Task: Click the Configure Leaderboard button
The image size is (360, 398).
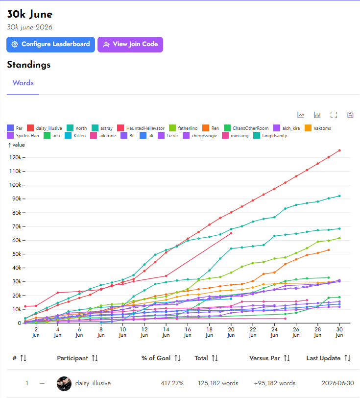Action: pos(51,45)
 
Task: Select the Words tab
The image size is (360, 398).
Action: pos(23,83)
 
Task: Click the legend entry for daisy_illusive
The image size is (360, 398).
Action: pos(45,128)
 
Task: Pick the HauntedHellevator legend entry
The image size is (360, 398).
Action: pos(141,128)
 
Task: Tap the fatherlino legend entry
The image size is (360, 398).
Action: pos(183,128)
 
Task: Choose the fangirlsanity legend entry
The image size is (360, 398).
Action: pos(270,136)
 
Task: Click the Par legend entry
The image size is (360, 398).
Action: pos(15,128)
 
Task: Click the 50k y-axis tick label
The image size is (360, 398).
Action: pos(15,254)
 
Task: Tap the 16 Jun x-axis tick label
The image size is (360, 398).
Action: pos(188,332)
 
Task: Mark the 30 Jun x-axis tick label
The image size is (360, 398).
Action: pos(339,332)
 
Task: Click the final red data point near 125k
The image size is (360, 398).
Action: pos(339,150)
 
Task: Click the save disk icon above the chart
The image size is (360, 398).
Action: pos(350,115)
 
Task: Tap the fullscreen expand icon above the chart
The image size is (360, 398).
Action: pos(334,115)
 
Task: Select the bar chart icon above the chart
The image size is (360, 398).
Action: pos(317,115)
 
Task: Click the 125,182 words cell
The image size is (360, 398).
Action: pos(218,383)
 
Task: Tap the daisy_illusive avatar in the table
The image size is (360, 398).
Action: pos(64,383)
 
